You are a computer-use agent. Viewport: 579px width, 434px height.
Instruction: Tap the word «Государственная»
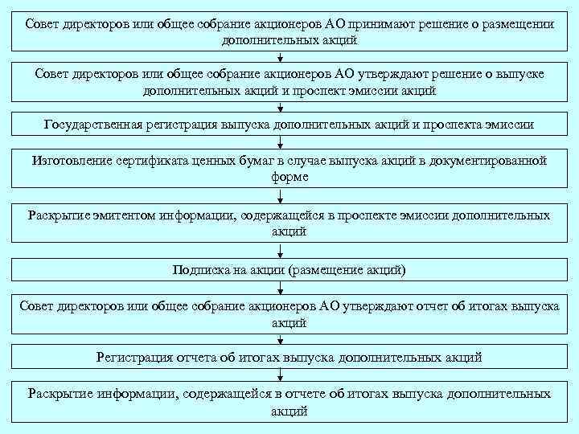pyautogui.click(x=93, y=125)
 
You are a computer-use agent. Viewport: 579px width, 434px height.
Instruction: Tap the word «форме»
pyautogui.click(x=289, y=176)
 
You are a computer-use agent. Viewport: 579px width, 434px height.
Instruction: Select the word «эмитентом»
pyautogui.click(x=123, y=215)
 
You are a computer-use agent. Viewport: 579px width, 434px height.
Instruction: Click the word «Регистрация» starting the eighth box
pyautogui.click(x=133, y=356)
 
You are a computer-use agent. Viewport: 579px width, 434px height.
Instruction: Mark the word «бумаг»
pyautogui.click(x=260, y=162)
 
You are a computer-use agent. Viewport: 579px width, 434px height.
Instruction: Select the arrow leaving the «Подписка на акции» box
pyautogui.click(x=281, y=287)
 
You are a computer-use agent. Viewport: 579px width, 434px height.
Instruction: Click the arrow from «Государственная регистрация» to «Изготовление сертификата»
pyautogui.click(x=281, y=142)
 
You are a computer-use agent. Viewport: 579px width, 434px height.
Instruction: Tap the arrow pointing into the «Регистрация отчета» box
pyautogui.click(x=281, y=339)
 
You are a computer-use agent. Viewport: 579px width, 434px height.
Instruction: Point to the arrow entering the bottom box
pyautogui.click(x=281, y=375)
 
